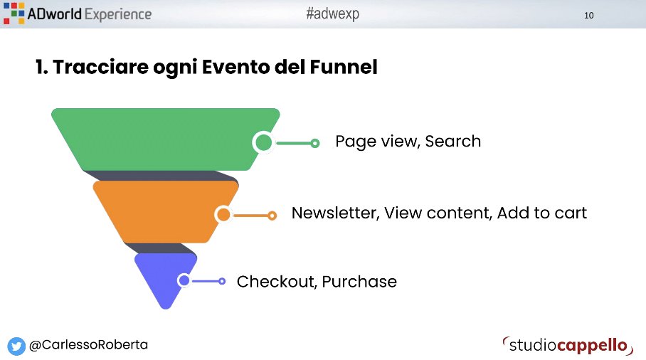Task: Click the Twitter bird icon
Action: [16, 346]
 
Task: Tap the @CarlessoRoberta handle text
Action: [88, 345]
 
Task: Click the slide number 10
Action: [588, 15]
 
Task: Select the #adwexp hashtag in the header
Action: [332, 14]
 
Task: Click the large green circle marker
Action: [264, 142]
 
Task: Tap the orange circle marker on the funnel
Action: [223, 214]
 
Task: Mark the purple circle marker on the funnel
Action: [184, 281]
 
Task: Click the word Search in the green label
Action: [453, 142]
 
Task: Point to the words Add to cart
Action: [542, 213]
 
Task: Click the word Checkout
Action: [277, 282]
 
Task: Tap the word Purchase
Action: [359, 282]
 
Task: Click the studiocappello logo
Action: [567, 345]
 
